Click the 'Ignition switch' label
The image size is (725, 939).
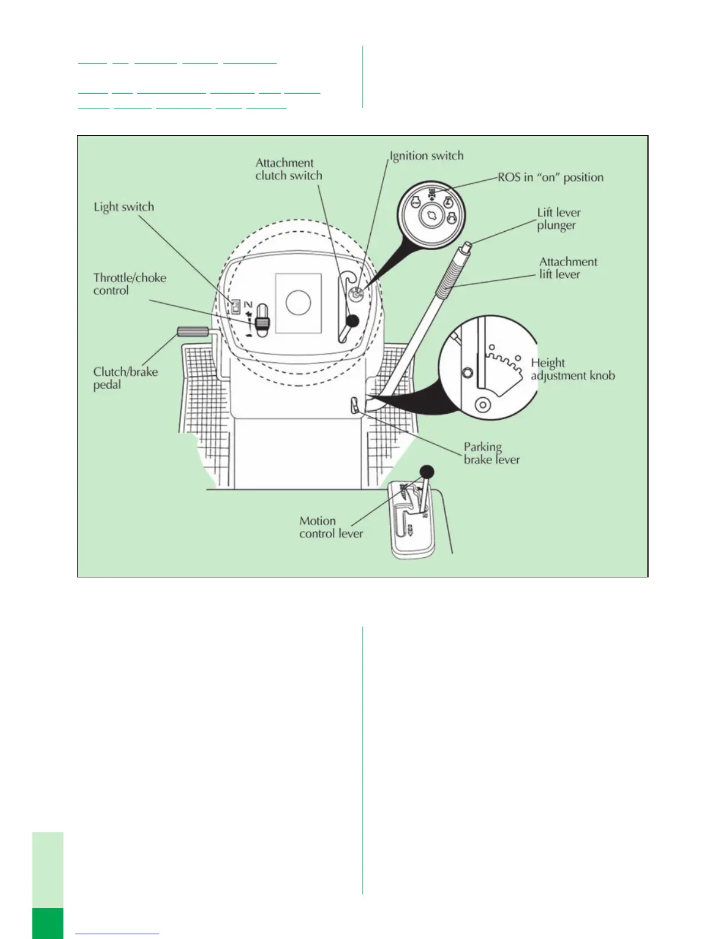(x=426, y=156)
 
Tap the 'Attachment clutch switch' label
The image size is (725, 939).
(x=288, y=169)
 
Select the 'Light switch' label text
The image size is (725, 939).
(x=124, y=207)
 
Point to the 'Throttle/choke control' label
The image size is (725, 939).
(x=129, y=284)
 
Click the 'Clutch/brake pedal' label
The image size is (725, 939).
(x=125, y=378)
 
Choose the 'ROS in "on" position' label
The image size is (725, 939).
(x=550, y=177)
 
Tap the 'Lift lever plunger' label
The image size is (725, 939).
(x=559, y=219)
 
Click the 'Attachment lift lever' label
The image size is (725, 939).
(x=568, y=268)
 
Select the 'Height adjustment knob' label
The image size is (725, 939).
(x=572, y=369)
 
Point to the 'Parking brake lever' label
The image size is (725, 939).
(x=491, y=453)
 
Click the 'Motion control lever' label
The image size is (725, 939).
(x=331, y=527)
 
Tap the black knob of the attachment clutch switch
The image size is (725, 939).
(x=352, y=321)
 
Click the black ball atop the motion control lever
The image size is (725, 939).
(x=426, y=472)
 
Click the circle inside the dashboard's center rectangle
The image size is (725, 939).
(x=298, y=302)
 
